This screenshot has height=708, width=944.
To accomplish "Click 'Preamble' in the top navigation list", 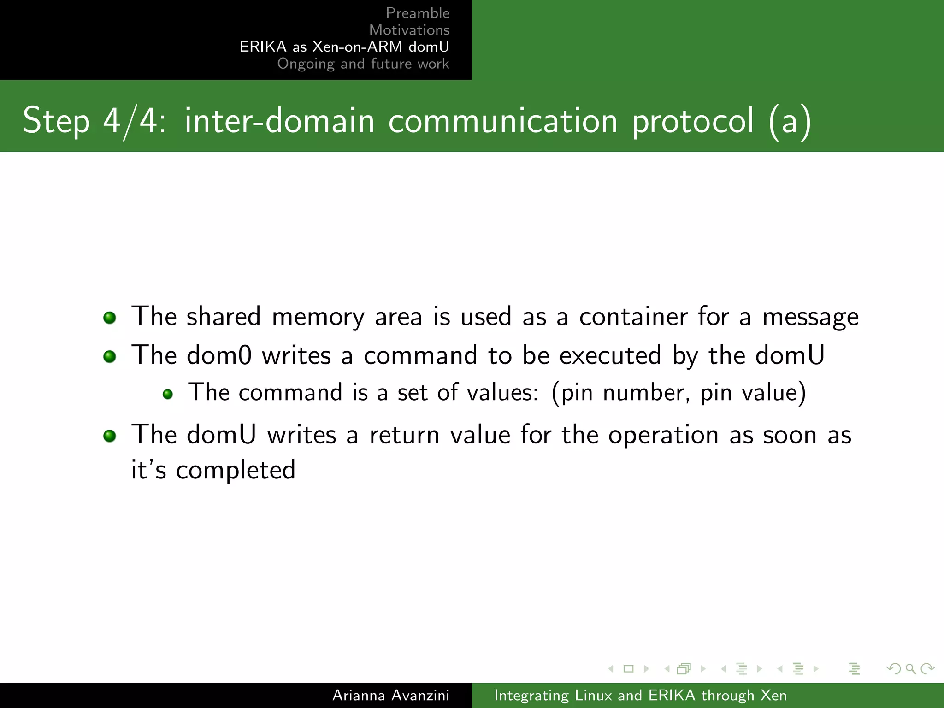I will [x=418, y=13].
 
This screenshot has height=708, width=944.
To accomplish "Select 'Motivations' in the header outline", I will [x=409, y=30].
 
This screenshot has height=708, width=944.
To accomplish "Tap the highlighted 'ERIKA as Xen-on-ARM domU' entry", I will [x=344, y=47].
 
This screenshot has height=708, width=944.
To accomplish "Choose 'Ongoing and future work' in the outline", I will [x=363, y=64].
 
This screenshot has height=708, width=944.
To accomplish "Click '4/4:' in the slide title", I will [x=134, y=121].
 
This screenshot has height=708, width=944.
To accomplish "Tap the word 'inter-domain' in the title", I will [x=279, y=121].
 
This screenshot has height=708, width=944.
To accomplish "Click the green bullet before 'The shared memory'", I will [x=110, y=318].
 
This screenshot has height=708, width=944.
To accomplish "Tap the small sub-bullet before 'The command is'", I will [x=168, y=394].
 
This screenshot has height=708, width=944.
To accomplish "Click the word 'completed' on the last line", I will [x=236, y=471].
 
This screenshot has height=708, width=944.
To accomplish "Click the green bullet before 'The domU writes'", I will [x=110, y=436].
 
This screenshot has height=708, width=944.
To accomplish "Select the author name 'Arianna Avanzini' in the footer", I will [x=391, y=695].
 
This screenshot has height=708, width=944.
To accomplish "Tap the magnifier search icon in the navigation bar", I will [x=910, y=668].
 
